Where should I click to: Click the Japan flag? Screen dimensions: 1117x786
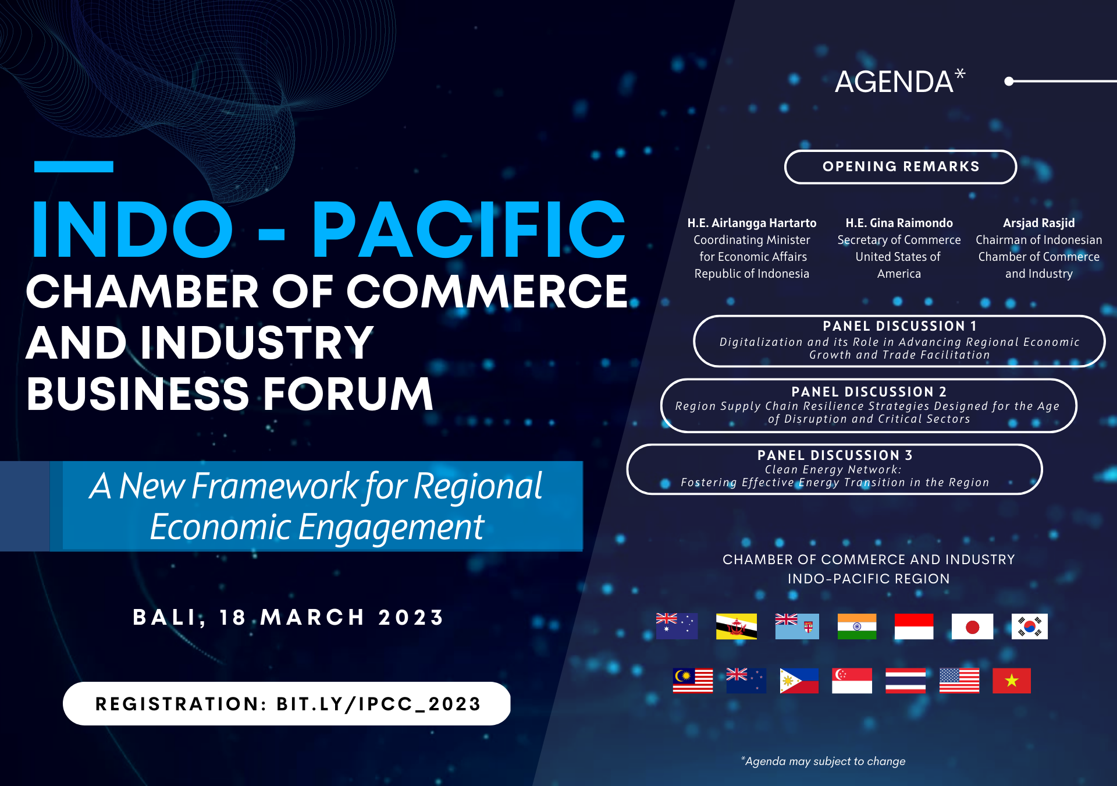[972, 626]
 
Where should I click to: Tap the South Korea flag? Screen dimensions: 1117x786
[1029, 626]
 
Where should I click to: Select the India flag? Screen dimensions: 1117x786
[857, 626]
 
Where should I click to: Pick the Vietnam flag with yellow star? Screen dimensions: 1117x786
[1012, 681]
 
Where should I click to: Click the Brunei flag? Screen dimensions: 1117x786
[737, 626]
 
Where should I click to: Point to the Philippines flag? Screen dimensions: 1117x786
[799, 681]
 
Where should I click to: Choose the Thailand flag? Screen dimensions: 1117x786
[905, 681]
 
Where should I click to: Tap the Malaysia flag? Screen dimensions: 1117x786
[693, 681]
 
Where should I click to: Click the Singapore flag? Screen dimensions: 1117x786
[852, 681]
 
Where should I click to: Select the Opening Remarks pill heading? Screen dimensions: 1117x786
[901, 167]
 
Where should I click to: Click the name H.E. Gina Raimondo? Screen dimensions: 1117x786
[899, 223]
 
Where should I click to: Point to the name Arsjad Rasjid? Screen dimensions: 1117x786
[1039, 223]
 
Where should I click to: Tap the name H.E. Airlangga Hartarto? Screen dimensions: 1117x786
[752, 223]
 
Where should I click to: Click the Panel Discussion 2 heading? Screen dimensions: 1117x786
[869, 392]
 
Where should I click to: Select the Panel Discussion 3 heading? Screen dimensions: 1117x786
[835, 455]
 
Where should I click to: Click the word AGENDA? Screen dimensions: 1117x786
[894, 82]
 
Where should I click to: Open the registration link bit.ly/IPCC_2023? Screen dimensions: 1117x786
[379, 704]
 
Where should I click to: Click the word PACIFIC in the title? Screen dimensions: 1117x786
[469, 229]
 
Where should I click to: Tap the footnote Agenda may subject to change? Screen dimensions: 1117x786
[823, 761]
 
